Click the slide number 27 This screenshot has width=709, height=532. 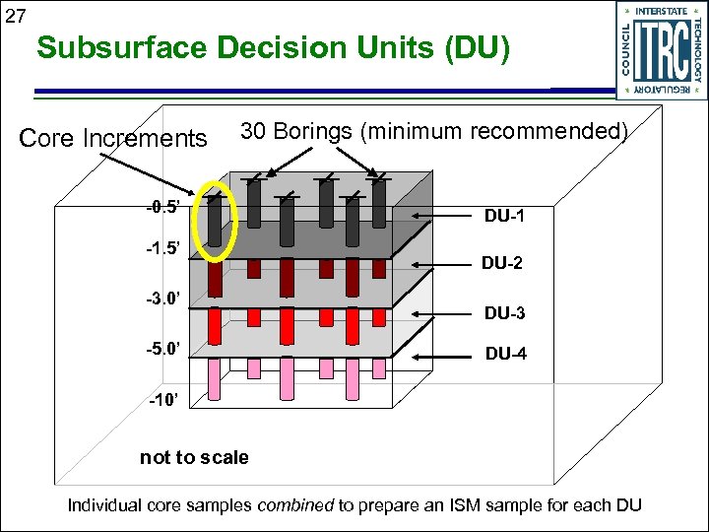coord(15,15)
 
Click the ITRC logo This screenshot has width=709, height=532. coord(662,49)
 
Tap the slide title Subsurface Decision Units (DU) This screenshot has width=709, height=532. coord(274,48)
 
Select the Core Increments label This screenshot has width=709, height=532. coord(113,138)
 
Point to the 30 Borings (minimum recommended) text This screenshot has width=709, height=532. coord(434,131)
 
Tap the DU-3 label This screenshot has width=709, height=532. coord(504,313)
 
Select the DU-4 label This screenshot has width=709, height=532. coord(505,353)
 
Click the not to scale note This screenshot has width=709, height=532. coord(194,457)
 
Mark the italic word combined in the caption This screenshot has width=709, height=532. coord(295,505)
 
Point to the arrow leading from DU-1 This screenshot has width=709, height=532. coord(443,215)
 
